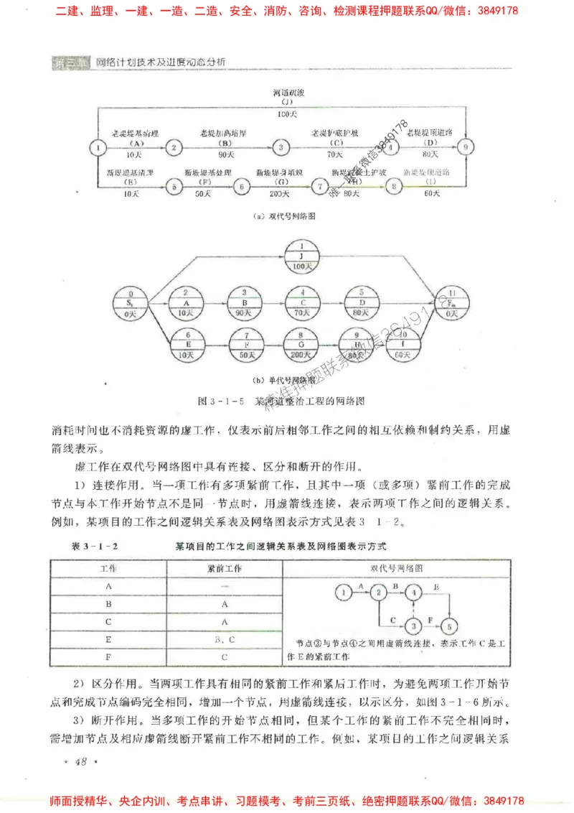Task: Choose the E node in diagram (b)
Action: [186, 344]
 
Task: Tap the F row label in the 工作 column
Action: [108, 656]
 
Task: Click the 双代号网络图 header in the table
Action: [397, 567]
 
